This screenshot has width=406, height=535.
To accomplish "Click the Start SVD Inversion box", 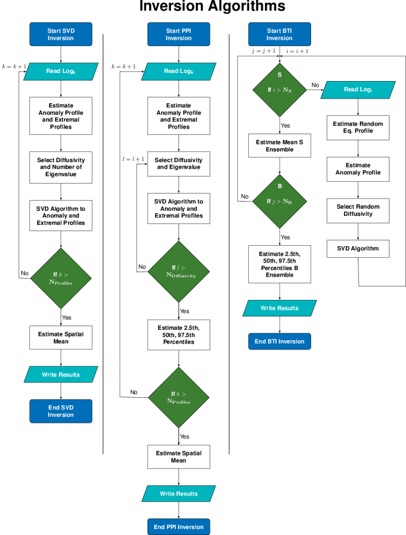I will (x=61, y=34).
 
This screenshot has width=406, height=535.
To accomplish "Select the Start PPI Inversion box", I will (x=178, y=34).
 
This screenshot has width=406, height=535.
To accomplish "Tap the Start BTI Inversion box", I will (x=279, y=34).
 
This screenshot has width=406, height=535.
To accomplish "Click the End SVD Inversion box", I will (x=61, y=411).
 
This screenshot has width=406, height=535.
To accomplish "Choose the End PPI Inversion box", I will (x=179, y=527).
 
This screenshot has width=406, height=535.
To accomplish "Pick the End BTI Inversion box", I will (x=280, y=341).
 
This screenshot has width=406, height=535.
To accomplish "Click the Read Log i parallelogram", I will (x=358, y=90).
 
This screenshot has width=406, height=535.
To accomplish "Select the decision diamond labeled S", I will (x=280, y=90).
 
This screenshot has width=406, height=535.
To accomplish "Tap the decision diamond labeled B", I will (x=280, y=201).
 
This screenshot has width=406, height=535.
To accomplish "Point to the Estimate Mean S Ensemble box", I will (x=280, y=145).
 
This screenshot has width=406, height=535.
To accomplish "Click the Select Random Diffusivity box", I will (x=358, y=210).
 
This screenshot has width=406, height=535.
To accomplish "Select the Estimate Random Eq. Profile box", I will (x=358, y=127).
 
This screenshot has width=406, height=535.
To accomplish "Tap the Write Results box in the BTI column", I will (x=280, y=308).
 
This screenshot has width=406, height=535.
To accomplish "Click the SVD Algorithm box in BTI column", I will (x=358, y=249).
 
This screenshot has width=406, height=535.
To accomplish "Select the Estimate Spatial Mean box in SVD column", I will (x=61, y=338).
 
